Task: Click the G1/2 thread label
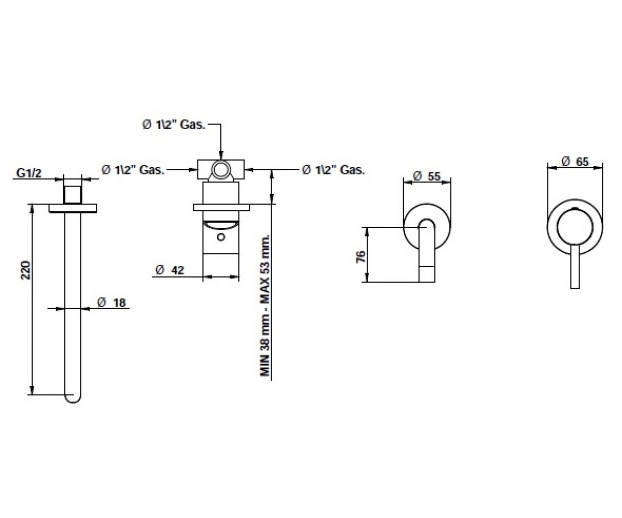[x=29, y=173]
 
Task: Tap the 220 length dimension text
[x=26, y=270]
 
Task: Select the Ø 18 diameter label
[x=111, y=303]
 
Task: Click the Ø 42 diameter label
[x=170, y=270]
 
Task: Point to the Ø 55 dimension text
[x=427, y=176]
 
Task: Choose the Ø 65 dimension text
[x=575, y=161]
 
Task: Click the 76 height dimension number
[x=361, y=256]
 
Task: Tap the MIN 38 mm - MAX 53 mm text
[x=265, y=306]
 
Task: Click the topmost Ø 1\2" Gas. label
[x=174, y=125]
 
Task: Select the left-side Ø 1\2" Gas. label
[x=133, y=170]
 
